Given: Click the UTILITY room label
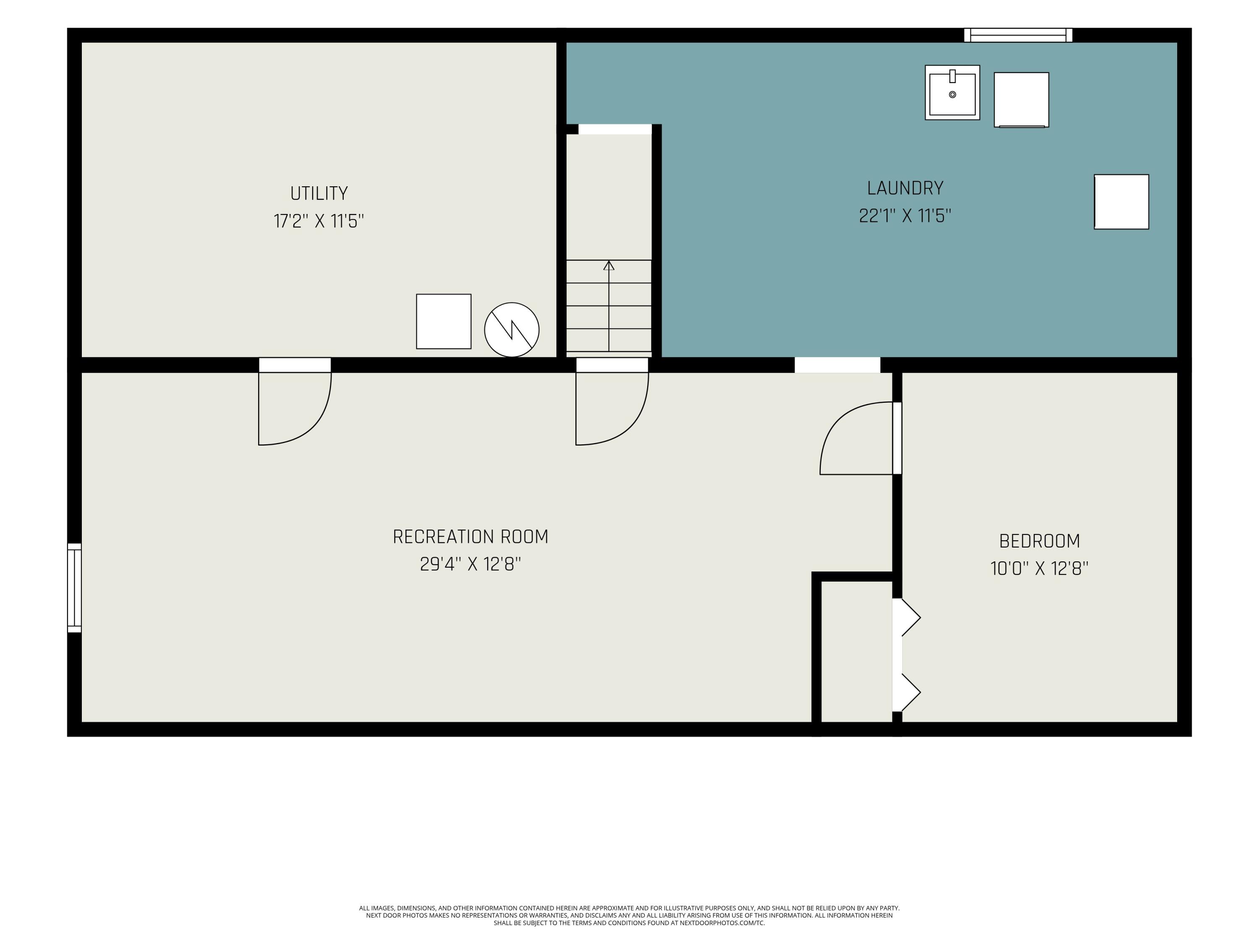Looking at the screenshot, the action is [x=319, y=193].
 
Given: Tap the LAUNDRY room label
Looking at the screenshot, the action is [x=905, y=188].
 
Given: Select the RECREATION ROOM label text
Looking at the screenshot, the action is [x=471, y=537].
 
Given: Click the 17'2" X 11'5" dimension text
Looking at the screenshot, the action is [x=319, y=221].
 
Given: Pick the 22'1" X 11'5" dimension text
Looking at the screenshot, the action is [x=905, y=216].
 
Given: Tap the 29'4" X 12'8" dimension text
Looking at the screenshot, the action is [x=471, y=564].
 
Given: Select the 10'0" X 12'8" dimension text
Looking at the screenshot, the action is [x=1039, y=568].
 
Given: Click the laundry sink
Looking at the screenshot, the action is [x=952, y=92].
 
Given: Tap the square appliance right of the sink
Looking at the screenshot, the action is [x=1021, y=99].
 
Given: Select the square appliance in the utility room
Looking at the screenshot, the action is [x=444, y=321].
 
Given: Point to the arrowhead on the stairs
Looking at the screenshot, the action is [x=609, y=265].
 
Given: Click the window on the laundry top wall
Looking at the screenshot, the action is [x=1018, y=35].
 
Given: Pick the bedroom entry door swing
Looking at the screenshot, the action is [x=857, y=438].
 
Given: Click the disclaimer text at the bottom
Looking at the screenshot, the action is [x=629, y=915].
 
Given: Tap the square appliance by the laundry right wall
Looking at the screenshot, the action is [x=1121, y=202].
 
